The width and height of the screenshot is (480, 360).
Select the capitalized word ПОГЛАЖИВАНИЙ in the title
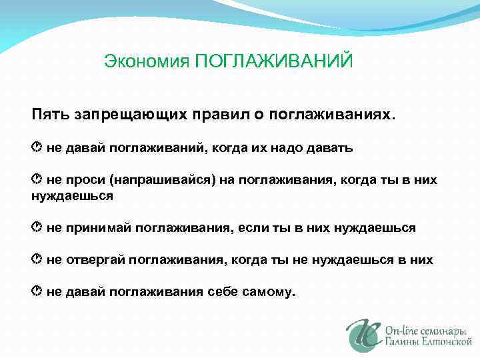click(x=273, y=61)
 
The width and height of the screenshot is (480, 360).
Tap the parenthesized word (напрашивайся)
click(x=161, y=179)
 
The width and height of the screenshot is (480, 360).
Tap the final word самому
click(x=271, y=292)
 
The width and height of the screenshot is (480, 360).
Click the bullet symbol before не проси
click(x=37, y=179)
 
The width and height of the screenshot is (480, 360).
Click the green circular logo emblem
click(x=363, y=334)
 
